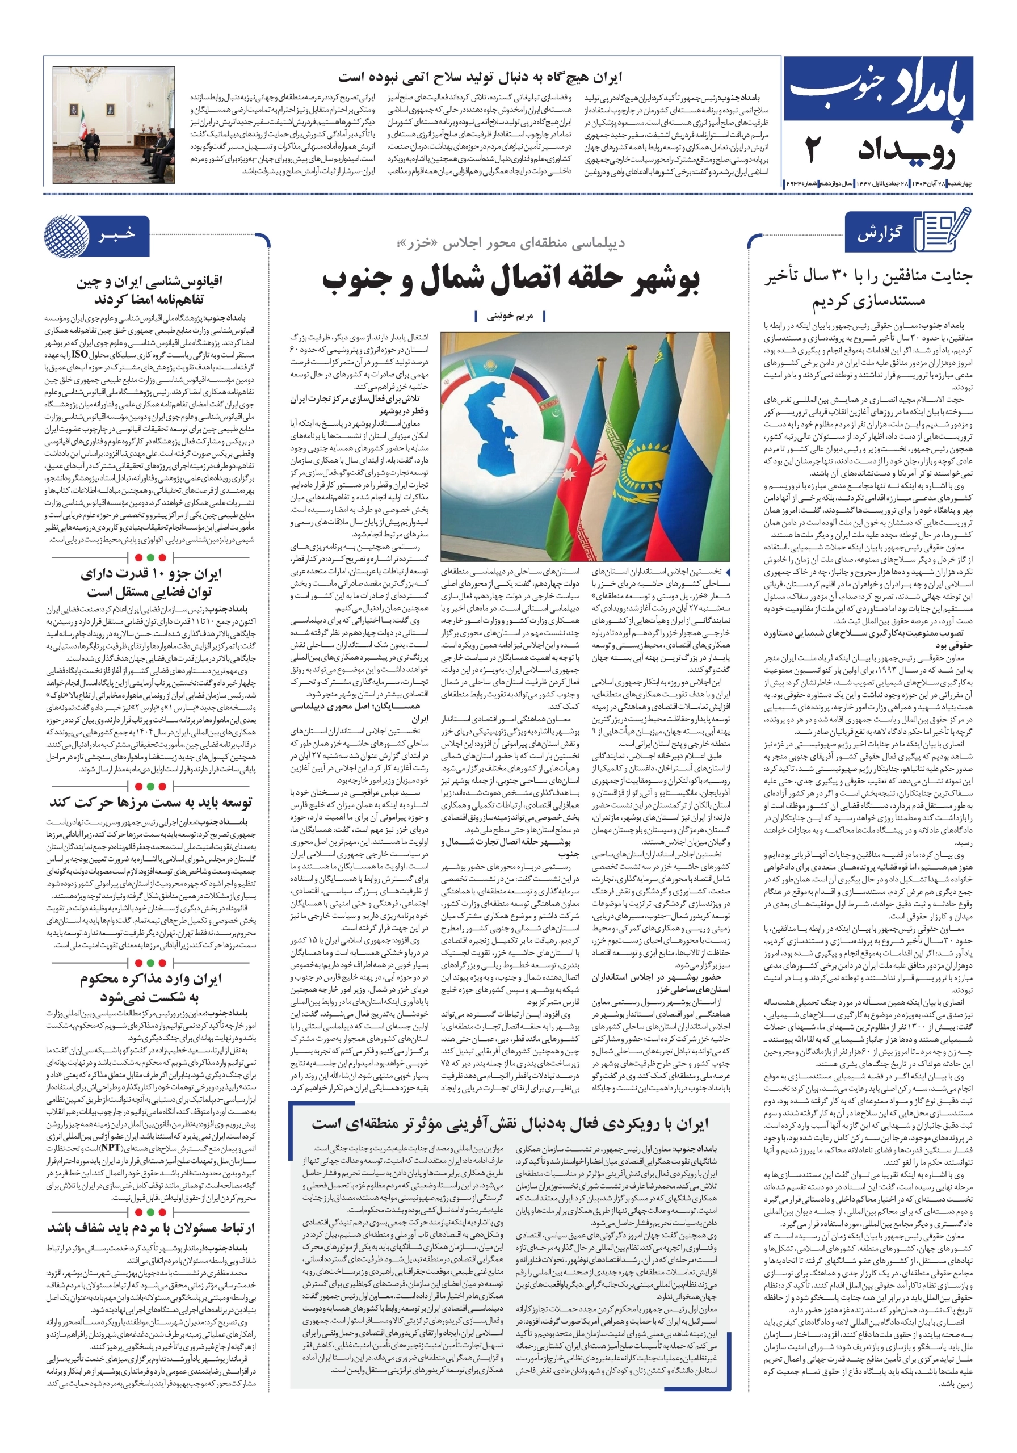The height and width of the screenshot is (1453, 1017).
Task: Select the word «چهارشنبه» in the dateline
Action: pyautogui.click(x=960, y=183)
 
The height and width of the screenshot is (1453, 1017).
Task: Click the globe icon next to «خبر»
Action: pyautogui.click(x=67, y=236)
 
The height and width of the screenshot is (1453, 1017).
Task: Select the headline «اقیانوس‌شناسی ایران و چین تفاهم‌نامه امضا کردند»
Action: pyautogui.click(x=150, y=290)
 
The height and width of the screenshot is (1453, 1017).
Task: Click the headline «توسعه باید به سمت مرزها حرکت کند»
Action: pyautogui.click(x=150, y=802)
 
